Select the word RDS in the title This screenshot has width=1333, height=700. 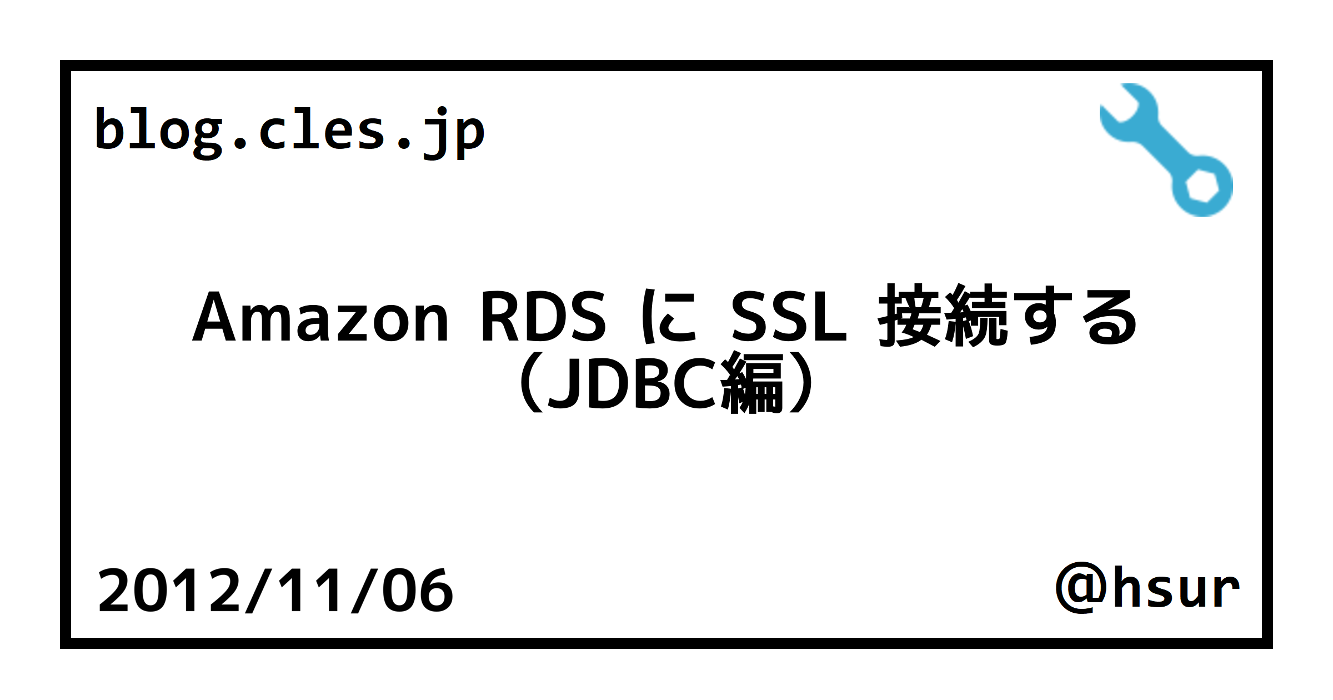(x=543, y=317)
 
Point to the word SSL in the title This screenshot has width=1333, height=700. (x=789, y=317)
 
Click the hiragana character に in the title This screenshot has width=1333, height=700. (x=669, y=317)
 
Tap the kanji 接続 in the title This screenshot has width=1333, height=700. (x=943, y=316)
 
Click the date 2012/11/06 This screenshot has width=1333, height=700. (x=275, y=591)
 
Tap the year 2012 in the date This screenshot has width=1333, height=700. (x=169, y=591)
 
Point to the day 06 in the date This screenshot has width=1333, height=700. (x=418, y=591)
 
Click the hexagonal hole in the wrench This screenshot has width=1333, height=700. (x=1202, y=186)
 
